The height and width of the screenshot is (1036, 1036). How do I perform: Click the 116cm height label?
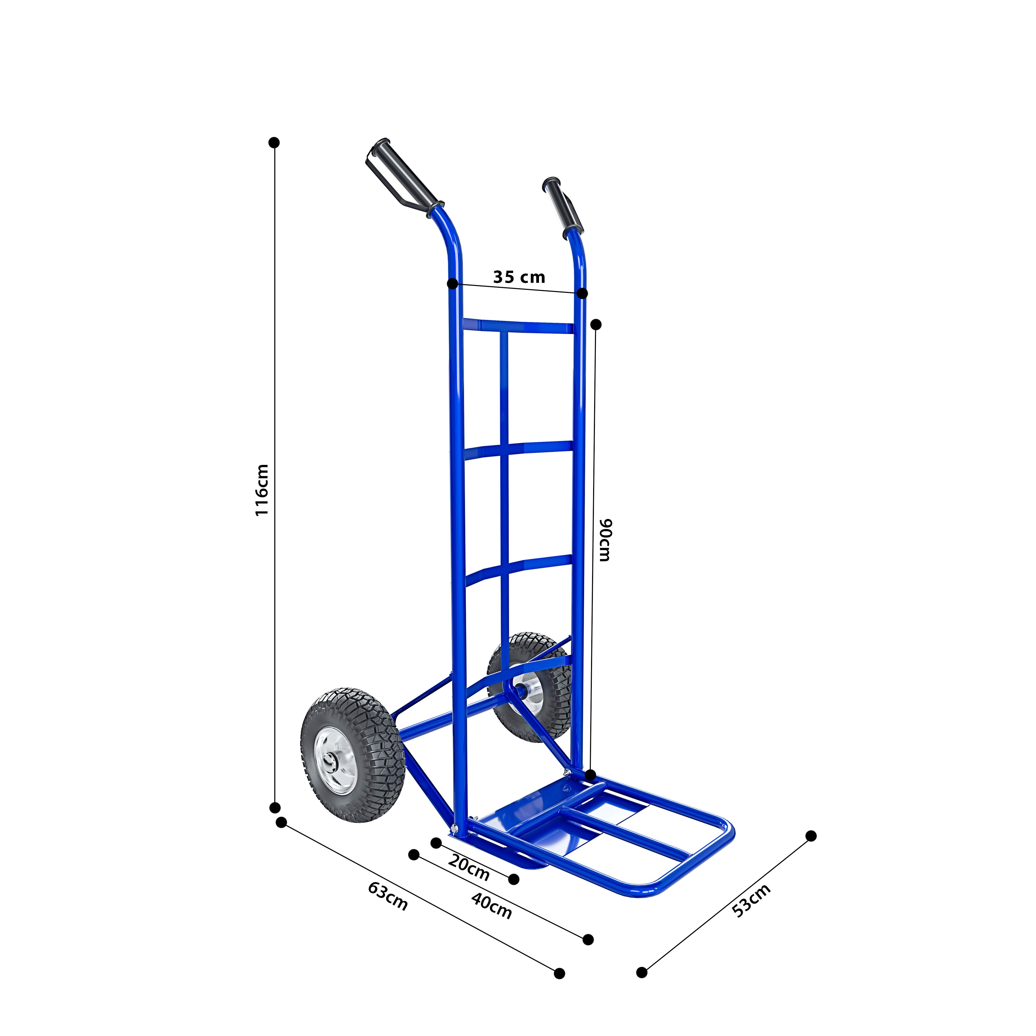click(261, 490)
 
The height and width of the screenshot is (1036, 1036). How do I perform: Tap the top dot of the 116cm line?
click(274, 142)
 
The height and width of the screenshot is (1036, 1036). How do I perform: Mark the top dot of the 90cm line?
click(596, 325)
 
